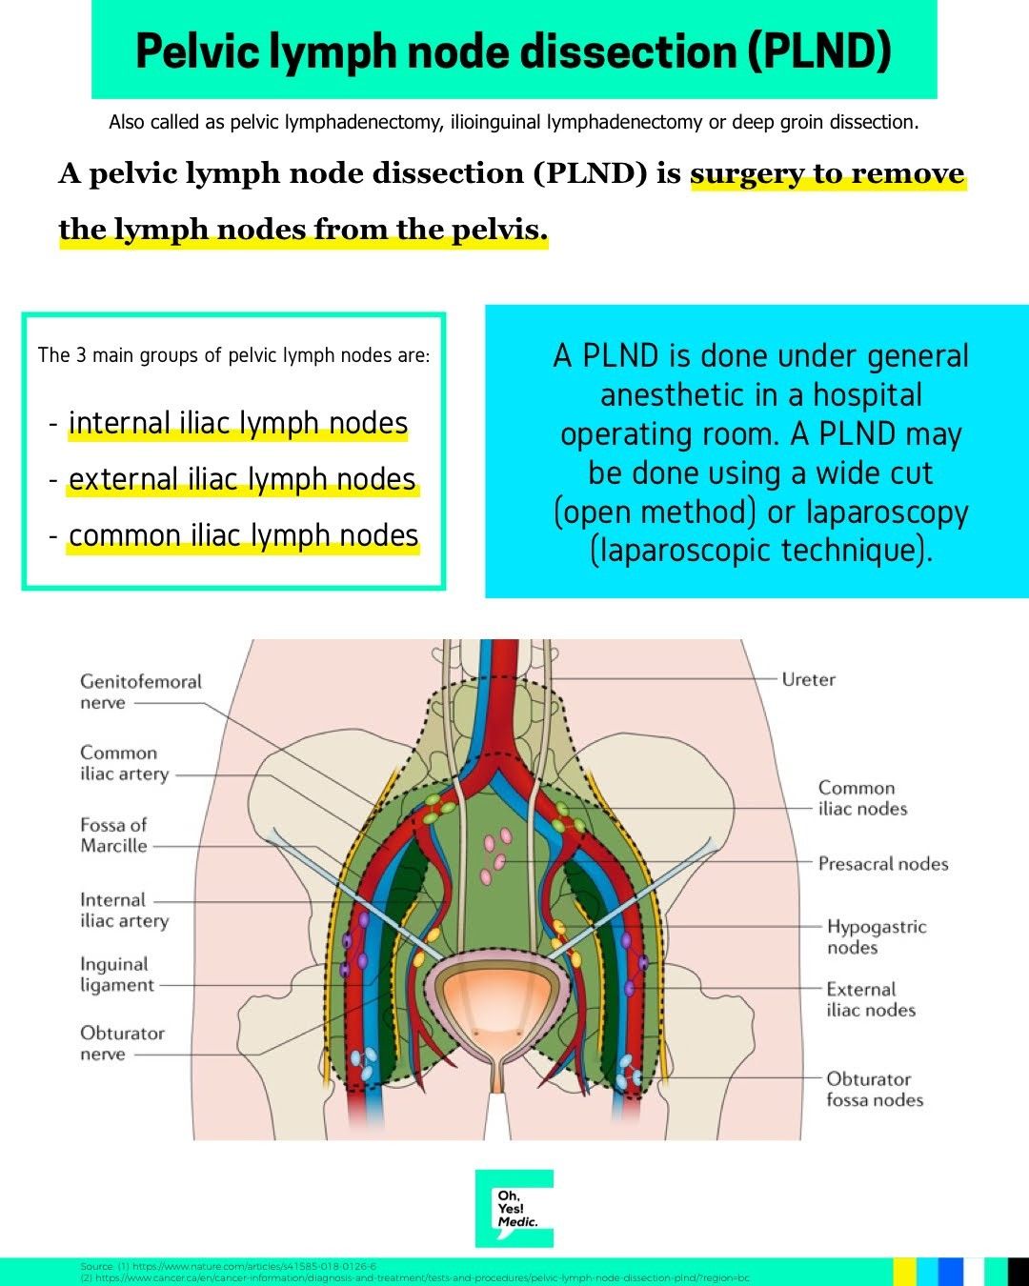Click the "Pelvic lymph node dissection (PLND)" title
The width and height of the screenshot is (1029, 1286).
pos(514,50)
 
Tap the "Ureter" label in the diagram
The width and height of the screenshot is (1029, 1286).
pos(808,679)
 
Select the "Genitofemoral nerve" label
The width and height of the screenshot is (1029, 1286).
pos(140,692)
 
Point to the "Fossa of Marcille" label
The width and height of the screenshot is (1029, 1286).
pos(113,834)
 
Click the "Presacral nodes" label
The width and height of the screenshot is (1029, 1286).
pos(883,864)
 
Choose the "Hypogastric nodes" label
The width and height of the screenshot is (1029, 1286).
pos(876,936)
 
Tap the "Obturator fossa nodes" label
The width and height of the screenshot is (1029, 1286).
pos(874,1089)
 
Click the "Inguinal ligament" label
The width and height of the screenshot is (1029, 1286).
pos(116,975)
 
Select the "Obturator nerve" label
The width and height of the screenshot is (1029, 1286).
pos(122,1043)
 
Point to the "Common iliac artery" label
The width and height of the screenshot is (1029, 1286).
pos(124,763)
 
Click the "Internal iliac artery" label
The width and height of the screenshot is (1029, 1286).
pos(124,910)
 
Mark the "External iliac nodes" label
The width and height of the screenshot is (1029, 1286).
pos(870,999)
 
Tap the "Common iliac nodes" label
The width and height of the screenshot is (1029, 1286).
pos(862,798)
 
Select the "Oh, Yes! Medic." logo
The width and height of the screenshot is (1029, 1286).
pos(514,1208)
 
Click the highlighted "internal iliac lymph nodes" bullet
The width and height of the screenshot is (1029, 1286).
pos(238,423)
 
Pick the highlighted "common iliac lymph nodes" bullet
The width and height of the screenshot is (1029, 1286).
pos(243,535)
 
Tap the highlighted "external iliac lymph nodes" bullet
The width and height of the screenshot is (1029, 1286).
pos(242,479)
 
